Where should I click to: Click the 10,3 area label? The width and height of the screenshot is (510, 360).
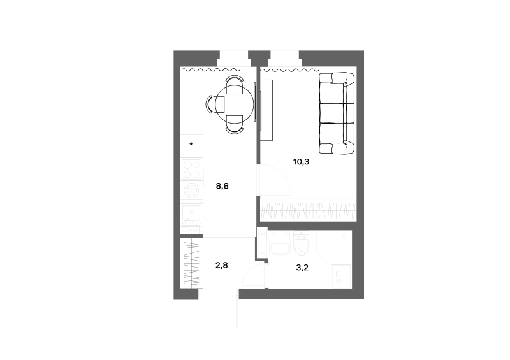(301, 162)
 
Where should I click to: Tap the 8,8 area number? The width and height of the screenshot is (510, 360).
(222, 186)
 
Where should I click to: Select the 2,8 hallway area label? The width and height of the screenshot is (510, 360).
(221, 265)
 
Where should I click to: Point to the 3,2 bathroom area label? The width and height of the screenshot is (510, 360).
(302, 268)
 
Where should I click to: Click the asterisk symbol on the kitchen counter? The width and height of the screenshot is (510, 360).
(191, 144)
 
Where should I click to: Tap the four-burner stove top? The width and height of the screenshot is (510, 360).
(192, 169)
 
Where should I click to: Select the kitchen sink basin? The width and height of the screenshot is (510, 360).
(192, 215)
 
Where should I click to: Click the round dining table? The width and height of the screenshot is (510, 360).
(235, 104)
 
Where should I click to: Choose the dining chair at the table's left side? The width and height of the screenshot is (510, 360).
(215, 104)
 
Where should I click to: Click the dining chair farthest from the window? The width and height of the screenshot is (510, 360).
(234, 124)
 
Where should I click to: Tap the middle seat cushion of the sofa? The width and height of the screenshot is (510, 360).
(337, 113)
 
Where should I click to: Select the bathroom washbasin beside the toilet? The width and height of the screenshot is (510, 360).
(279, 243)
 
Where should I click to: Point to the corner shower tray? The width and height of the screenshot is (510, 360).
(334, 247)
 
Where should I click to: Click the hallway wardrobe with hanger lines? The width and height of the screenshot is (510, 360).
(192, 263)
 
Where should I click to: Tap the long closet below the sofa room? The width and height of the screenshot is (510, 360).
(309, 210)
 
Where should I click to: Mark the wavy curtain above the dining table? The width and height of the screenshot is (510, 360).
(210, 69)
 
